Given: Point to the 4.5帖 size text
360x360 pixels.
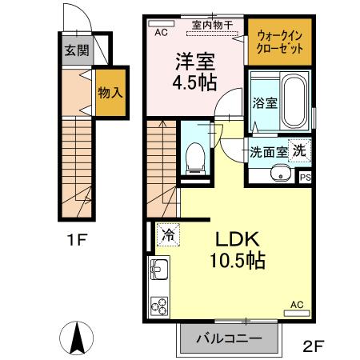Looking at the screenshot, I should (194, 82).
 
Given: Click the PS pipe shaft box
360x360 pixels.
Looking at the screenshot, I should (305, 178).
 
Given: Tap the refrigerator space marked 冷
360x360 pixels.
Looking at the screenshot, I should (168, 234).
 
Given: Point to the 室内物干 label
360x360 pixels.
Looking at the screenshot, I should (212, 25).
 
